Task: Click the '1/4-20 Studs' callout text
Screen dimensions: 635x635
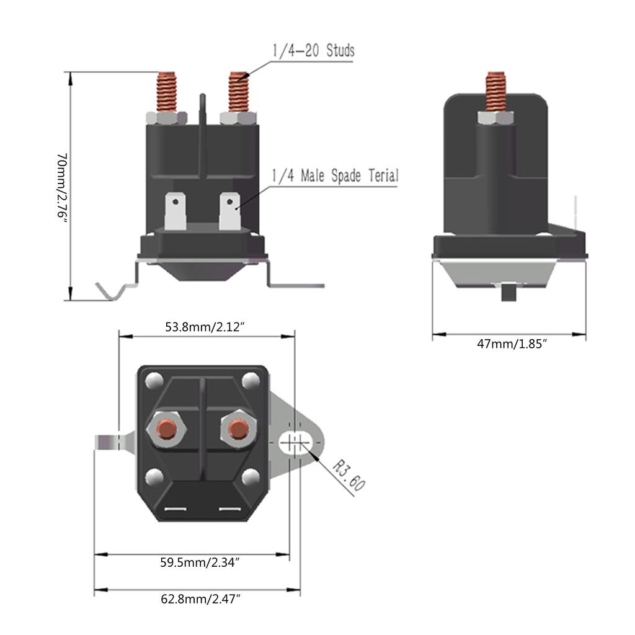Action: point(313,50)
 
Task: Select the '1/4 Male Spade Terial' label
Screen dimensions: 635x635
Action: point(334,176)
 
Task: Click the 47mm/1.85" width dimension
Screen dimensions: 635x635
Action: point(512,343)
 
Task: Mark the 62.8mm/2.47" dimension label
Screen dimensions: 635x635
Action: point(200,599)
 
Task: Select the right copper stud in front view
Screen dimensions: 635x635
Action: point(238,92)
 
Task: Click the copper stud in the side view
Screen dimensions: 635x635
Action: point(495,91)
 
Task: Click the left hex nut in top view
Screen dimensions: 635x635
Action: point(166,429)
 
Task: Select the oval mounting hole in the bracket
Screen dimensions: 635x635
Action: point(295,443)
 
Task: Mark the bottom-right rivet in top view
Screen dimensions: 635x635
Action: point(251,477)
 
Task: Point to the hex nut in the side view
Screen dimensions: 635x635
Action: point(495,117)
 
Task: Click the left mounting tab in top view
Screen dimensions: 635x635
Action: point(112,442)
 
